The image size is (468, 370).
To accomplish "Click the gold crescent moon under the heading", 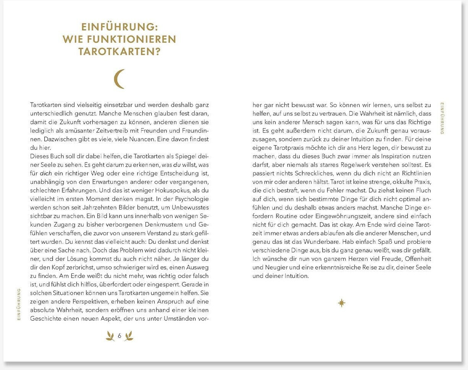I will [119, 79].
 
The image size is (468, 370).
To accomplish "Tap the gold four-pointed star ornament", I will [342, 303].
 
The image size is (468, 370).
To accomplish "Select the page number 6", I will [119, 336].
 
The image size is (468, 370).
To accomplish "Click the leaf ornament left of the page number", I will [110, 336].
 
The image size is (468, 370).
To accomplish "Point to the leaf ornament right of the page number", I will [129, 336].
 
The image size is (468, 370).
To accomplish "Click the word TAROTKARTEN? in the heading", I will [119, 51].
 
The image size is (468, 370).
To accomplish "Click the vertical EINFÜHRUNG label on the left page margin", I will [19, 304].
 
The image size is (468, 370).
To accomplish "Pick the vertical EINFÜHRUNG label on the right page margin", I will [442, 118].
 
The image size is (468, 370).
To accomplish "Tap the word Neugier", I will [277, 267].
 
